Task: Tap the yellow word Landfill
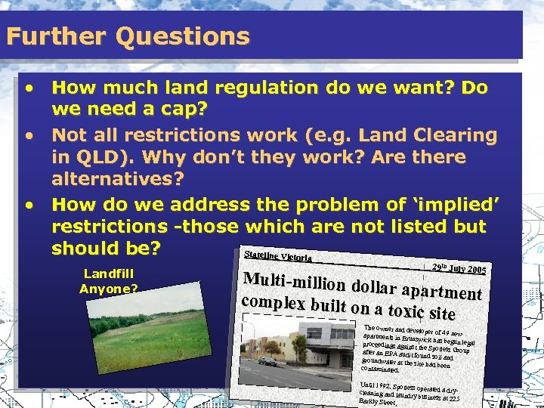coord(108,274)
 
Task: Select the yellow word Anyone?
coord(108,288)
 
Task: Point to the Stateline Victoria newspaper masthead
coord(277,255)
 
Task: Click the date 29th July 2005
coord(458,269)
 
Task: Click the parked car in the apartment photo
coord(268,361)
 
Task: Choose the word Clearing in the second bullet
coord(452,136)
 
